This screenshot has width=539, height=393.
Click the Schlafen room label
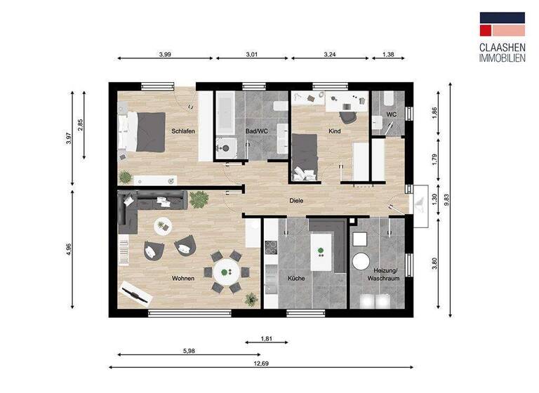182,131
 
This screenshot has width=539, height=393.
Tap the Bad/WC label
257,131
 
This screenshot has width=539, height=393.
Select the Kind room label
334,131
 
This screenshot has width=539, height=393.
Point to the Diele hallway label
296,201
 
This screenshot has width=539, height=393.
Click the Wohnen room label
182,279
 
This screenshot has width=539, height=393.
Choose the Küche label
295,279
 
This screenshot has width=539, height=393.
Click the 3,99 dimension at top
165,53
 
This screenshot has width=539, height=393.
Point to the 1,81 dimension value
267,338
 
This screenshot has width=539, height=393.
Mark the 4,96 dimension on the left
69,251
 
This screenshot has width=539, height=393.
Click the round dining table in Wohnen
226,269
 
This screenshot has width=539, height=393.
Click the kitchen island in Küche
322,251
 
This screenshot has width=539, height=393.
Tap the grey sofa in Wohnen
151,204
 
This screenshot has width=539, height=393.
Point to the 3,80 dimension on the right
435,264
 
